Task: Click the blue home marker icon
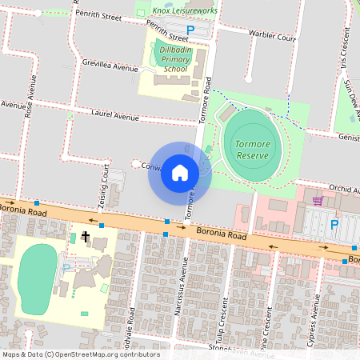point(180,173)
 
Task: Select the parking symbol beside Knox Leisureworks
point(190,30)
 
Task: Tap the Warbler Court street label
point(261,34)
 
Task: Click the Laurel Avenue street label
point(114,116)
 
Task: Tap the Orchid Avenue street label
point(339,189)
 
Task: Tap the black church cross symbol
point(86,237)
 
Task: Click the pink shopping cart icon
point(318,201)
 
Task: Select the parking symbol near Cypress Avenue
point(334,226)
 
